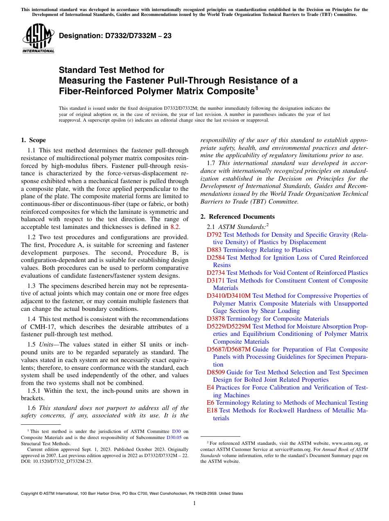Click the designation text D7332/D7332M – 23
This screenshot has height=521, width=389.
(115, 36)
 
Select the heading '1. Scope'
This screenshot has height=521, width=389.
(33, 140)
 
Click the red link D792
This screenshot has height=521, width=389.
(214, 235)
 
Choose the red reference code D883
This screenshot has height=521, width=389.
(214, 250)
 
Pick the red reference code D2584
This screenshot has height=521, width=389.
(216, 258)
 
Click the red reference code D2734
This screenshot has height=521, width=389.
(216, 273)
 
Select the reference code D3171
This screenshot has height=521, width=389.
(216, 281)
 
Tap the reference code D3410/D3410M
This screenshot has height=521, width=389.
(228, 296)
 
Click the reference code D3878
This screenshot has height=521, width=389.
(216, 319)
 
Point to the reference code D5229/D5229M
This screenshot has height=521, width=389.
(228, 326)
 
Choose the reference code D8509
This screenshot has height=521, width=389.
(216, 372)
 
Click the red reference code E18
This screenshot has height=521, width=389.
(212, 410)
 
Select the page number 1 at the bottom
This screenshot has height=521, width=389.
(194, 503)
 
